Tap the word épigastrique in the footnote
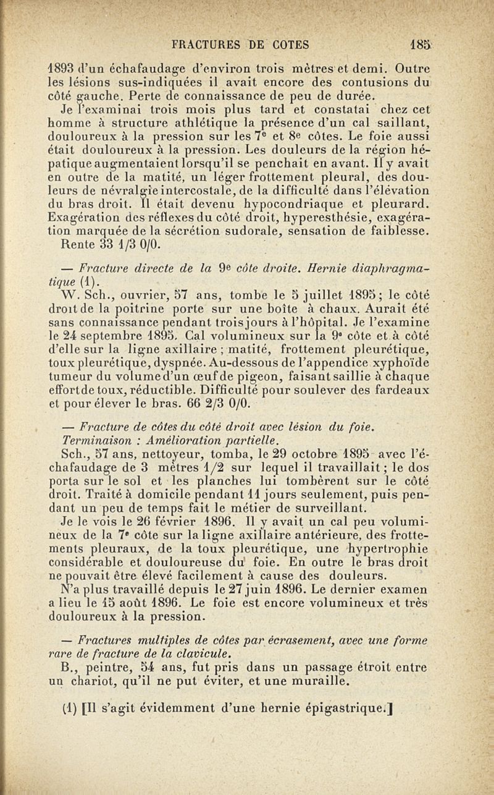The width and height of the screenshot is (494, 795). (358, 707)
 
